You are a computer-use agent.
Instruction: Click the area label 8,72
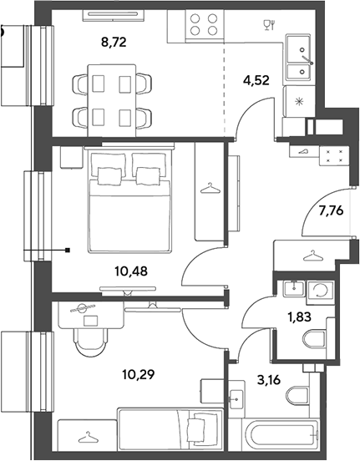(114, 43)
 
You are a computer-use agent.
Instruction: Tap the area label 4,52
(256, 80)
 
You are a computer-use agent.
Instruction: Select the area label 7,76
(331, 210)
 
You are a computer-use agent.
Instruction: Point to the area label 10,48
(131, 271)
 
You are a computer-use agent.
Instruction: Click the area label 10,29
(138, 374)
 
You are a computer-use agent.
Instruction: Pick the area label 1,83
(299, 317)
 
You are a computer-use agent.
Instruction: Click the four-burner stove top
(204, 25)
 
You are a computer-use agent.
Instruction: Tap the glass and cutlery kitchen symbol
(269, 25)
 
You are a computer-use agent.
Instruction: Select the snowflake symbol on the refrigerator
(299, 102)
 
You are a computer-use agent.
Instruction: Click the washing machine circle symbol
(321, 291)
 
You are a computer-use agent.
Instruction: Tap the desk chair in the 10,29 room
(90, 342)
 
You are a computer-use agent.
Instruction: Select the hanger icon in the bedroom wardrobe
(210, 188)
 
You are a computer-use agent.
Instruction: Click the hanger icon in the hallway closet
(312, 256)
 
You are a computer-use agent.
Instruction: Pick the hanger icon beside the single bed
(88, 437)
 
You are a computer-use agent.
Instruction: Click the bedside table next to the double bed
(72, 157)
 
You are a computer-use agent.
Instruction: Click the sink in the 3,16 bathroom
(236, 398)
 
